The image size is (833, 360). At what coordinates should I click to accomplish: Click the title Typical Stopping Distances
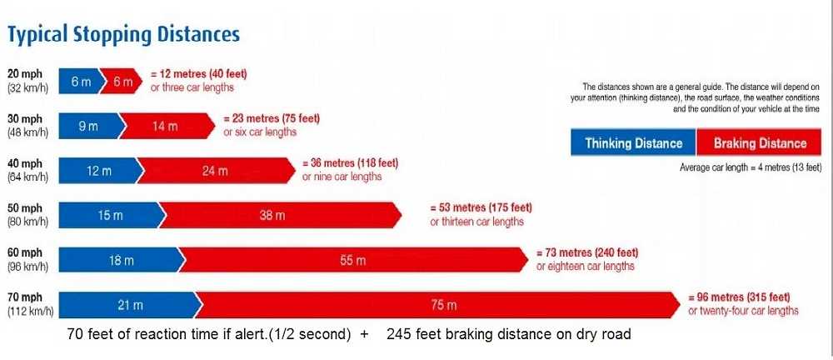123,35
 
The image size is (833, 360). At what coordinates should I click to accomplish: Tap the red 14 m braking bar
165,126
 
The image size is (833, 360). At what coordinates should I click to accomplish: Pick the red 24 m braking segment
215,171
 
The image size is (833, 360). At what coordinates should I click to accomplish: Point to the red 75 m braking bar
437,305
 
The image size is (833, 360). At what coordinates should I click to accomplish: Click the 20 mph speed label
24,74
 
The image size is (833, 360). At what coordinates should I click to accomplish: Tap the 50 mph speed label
24,208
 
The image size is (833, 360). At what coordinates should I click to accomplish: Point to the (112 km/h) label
30,312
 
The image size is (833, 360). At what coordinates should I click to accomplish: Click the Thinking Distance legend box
633,142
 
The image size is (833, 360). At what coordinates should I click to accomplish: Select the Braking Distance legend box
759,142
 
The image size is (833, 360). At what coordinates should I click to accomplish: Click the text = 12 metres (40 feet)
199,74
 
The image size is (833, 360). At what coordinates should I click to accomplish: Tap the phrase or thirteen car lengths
477,222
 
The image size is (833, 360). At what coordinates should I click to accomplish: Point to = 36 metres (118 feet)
350,162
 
